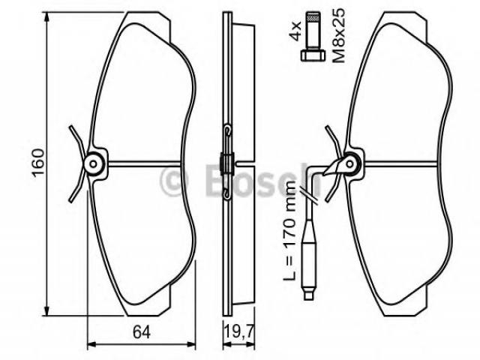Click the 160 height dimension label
[39, 163]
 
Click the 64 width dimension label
[142, 331]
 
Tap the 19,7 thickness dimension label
[238, 331]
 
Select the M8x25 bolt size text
[338, 35]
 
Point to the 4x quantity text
[295, 31]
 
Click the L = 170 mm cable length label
[289, 230]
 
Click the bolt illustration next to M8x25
[313, 36]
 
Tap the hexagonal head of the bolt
[313, 56]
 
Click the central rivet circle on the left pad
[93, 164]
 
